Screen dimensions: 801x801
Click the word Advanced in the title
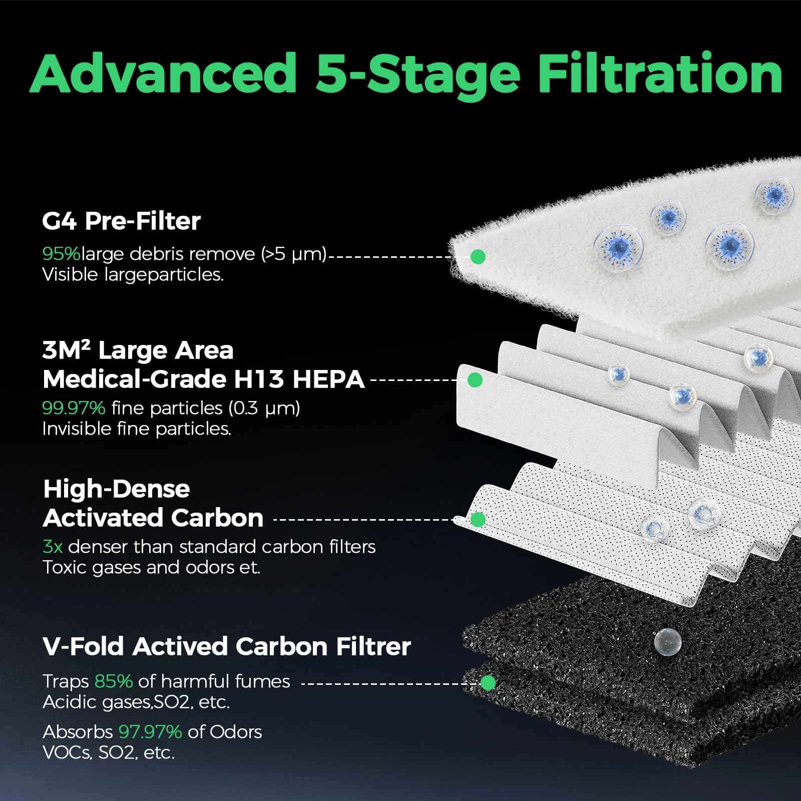(164, 74)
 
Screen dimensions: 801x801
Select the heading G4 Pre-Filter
(121, 221)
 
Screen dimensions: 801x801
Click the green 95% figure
(61, 254)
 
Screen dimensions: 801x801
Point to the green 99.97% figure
(74, 408)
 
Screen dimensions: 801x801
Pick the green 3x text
(53, 547)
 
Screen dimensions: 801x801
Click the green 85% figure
(114, 681)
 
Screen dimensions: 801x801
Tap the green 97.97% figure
(150, 732)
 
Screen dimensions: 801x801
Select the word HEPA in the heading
(328, 379)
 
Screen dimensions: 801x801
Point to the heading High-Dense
(117, 489)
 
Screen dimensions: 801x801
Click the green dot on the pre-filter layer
(478, 257)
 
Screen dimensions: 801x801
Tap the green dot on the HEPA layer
(475, 380)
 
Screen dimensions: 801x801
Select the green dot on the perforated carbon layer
(478, 520)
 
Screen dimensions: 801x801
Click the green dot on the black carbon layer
(488, 683)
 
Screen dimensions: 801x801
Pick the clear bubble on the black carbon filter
(667, 641)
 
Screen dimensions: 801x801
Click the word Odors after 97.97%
(235, 732)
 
